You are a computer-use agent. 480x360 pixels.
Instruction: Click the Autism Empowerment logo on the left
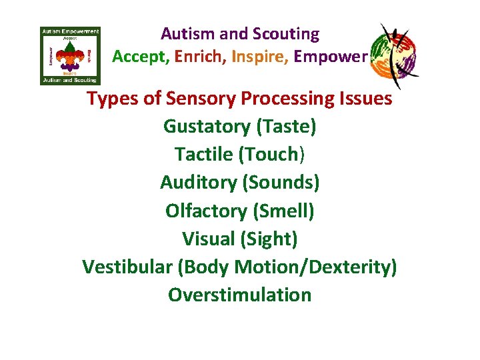pos(70,56)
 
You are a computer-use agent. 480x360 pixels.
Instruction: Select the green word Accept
pos(140,57)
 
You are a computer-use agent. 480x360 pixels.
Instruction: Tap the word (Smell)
pos(283,211)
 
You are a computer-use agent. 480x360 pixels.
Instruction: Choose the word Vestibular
pos(127,267)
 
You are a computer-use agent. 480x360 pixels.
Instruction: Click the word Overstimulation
pos(240,295)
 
